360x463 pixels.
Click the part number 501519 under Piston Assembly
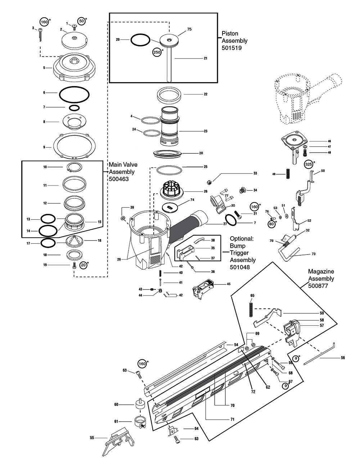[x=231, y=48]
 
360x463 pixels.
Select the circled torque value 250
[x=157, y=52]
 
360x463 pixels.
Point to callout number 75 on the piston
[x=189, y=29]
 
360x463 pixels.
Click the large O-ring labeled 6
[x=74, y=95]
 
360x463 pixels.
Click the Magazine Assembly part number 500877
[x=317, y=286]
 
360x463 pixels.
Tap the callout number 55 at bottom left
[x=92, y=438]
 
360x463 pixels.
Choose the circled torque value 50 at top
[x=82, y=21]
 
